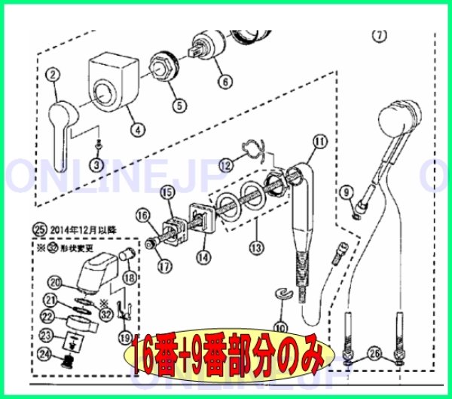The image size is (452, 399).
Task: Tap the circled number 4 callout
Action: click(136, 129)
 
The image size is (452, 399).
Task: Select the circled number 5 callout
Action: click(179, 106)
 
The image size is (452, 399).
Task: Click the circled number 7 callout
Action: click(379, 35)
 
